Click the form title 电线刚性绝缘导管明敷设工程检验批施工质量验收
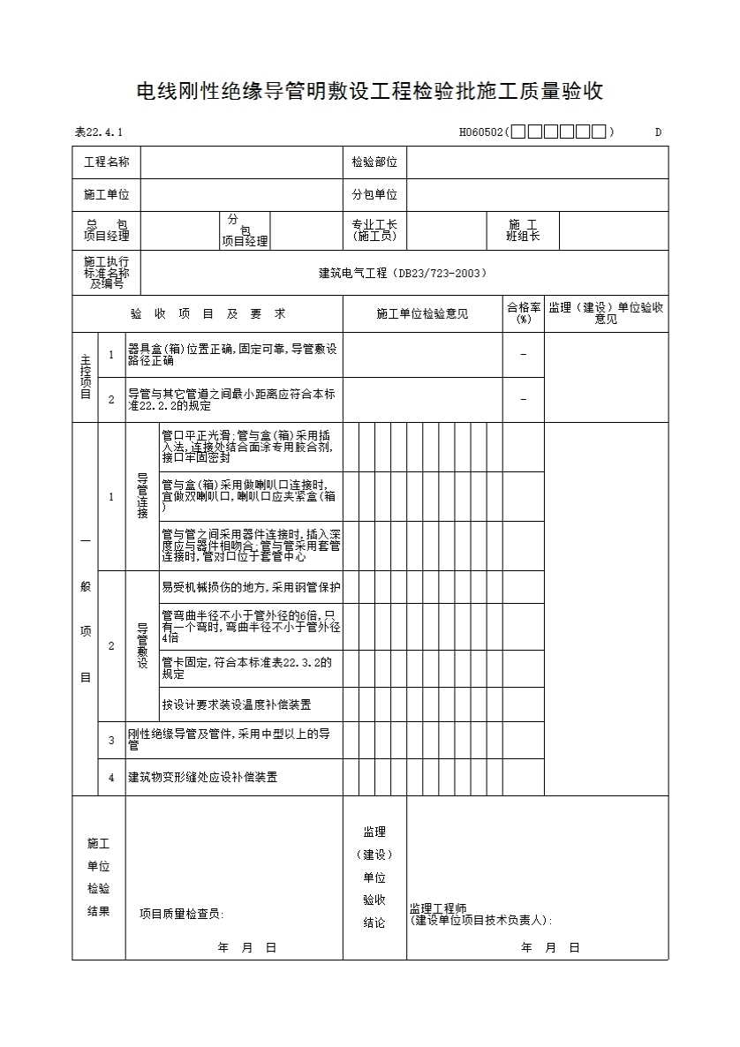pos(369,91)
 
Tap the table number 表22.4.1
pos(99,132)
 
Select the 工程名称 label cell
pos(106,162)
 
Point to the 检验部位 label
pos(374,162)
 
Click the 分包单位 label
pos(374,195)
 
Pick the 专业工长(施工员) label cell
pos(374,230)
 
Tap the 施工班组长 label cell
pos(523,230)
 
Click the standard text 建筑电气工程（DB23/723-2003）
pos(403,274)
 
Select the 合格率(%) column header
pos(524,313)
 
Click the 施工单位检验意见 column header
pos(422,313)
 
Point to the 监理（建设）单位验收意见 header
pos(606,313)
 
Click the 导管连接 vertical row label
pos(142,496)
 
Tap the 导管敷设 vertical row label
pos(142,645)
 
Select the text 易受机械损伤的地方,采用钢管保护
pos(251,587)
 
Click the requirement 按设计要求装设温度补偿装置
pos(236,705)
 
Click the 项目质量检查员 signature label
pos(182,915)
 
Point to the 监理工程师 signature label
pos(438,908)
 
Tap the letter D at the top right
pos(658,132)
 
